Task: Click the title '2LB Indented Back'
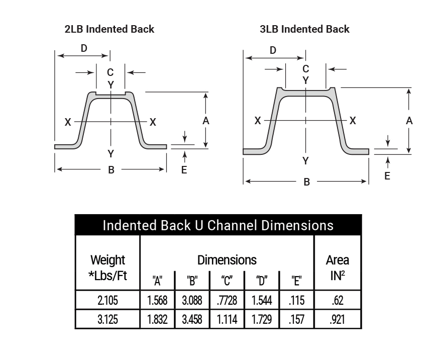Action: tap(109, 29)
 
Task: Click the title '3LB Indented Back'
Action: tap(304, 29)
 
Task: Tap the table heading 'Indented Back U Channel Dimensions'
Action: tap(218, 225)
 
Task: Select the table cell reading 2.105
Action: tap(107, 301)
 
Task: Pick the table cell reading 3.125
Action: tap(107, 319)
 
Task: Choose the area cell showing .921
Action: tap(338, 319)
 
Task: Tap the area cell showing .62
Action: tap(338, 301)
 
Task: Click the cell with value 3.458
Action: tap(192, 319)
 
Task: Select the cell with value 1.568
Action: tap(157, 301)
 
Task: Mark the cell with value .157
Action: tap(296, 319)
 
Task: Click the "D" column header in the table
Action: tap(261, 281)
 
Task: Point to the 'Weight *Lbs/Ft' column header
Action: tap(107, 267)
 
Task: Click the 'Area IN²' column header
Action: tap(338, 267)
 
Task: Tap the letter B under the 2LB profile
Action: tap(111, 170)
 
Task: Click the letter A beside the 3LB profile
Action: tap(409, 121)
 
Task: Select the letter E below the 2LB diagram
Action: tap(184, 170)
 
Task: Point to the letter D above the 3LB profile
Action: tap(273, 50)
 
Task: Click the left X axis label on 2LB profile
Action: tap(67, 122)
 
